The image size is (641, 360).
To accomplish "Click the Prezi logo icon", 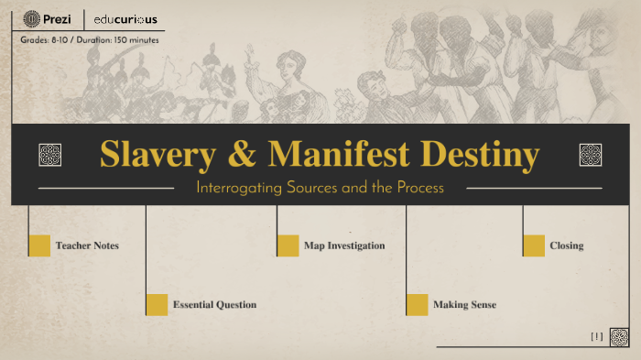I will [31, 18].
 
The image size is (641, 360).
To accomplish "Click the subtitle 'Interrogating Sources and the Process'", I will [320, 188].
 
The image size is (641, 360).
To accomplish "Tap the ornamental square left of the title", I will [50, 155].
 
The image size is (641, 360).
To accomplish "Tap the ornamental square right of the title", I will [591, 155].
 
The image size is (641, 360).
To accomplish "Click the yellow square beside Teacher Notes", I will [39, 245].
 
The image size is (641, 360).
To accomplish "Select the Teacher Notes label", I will [87, 246].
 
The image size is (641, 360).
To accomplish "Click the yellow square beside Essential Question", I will [157, 304].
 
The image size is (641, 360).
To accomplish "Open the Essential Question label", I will [214, 305].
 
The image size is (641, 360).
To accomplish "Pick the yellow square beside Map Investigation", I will [288, 245].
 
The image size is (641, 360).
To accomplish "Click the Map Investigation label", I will [344, 246].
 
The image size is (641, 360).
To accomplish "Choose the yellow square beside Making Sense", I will [417, 304].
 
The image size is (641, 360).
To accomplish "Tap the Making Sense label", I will [464, 305].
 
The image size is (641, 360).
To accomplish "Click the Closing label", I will [566, 246].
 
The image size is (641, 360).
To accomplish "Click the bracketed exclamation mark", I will [597, 337].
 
